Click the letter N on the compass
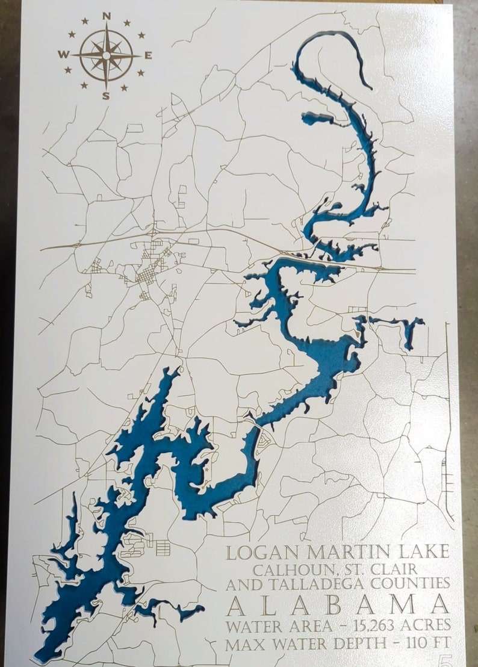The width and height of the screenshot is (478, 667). coord(107,16)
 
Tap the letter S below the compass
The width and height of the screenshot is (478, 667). coord(106,96)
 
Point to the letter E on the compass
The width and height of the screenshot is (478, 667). coord(148,55)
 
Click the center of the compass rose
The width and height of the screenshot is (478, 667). coord(106,55)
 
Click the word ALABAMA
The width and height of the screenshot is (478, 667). coord(338,604)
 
